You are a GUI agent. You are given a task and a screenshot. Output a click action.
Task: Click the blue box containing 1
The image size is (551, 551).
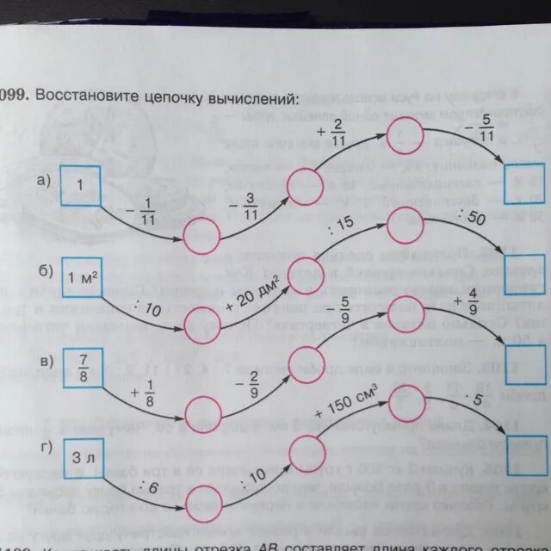pyautogui.click(x=81, y=186)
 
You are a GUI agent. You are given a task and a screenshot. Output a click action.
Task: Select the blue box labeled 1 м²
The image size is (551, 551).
pyautogui.click(x=82, y=278)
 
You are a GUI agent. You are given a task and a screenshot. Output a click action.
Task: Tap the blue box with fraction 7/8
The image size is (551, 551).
pyautogui.click(x=82, y=368)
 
